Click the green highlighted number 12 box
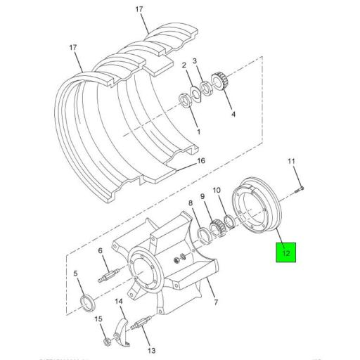tap(285, 251)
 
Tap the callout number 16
tap(200, 161)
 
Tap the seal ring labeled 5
tap(89, 302)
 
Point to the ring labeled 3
tap(207, 88)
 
